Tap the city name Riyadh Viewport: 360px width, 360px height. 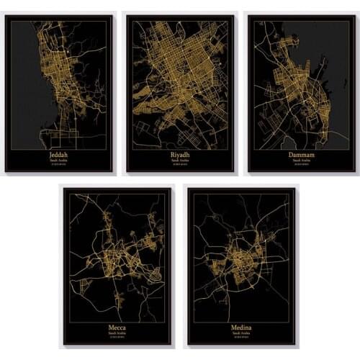[179, 153]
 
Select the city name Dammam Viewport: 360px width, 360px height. [300, 153]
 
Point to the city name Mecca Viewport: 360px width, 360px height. [117, 328]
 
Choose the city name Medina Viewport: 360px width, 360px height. [240, 328]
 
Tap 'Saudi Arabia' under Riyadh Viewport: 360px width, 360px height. [179, 160]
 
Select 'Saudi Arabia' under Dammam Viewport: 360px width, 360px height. [300, 160]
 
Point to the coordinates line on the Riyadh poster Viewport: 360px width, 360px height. [179, 165]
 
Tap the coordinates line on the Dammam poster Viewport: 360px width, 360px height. [300, 165]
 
